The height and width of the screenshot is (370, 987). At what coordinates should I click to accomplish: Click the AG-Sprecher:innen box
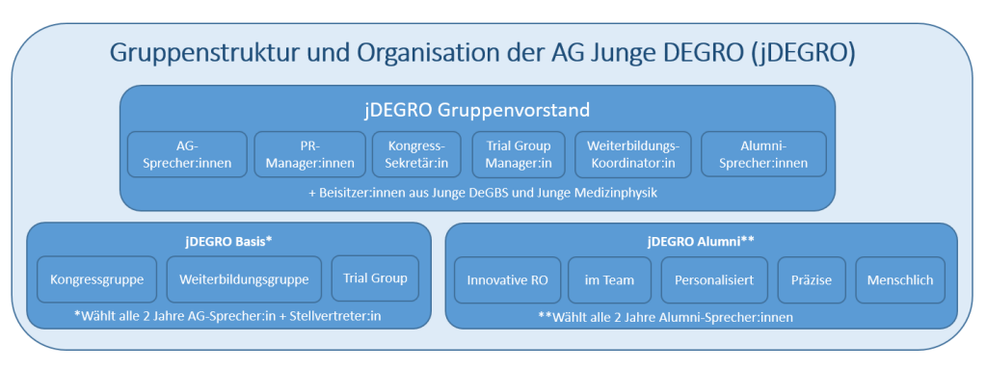(187, 155)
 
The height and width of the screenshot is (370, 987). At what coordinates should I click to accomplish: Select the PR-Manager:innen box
(309, 155)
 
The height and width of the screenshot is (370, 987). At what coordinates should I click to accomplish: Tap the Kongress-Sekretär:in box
(416, 155)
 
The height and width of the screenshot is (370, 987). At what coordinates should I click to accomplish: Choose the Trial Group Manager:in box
(519, 155)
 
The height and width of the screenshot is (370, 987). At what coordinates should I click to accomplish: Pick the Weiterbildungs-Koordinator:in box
(632, 155)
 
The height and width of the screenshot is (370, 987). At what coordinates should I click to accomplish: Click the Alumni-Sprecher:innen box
(763, 155)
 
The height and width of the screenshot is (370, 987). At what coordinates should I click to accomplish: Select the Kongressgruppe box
(97, 278)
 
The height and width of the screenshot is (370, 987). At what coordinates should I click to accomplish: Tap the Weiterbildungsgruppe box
(244, 278)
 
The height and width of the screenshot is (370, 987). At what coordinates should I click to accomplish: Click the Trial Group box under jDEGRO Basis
(375, 278)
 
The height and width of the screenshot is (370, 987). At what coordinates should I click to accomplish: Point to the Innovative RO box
(507, 280)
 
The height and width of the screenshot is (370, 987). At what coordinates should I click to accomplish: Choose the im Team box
(609, 280)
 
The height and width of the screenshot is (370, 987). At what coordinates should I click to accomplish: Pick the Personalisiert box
(714, 280)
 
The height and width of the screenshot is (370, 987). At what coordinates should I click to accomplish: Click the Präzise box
(812, 280)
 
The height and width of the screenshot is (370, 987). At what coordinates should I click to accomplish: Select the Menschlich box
(900, 280)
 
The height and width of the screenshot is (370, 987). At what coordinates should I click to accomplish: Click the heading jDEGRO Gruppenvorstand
(477, 110)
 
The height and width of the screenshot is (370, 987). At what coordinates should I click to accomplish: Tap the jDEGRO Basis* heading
(228, 241)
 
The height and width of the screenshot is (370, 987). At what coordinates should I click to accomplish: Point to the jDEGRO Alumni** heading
(701, 241)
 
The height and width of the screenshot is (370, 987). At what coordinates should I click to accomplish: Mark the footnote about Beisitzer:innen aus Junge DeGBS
(483, 193)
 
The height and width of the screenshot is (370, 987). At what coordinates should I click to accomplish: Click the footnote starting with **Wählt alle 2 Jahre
(665, 317)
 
